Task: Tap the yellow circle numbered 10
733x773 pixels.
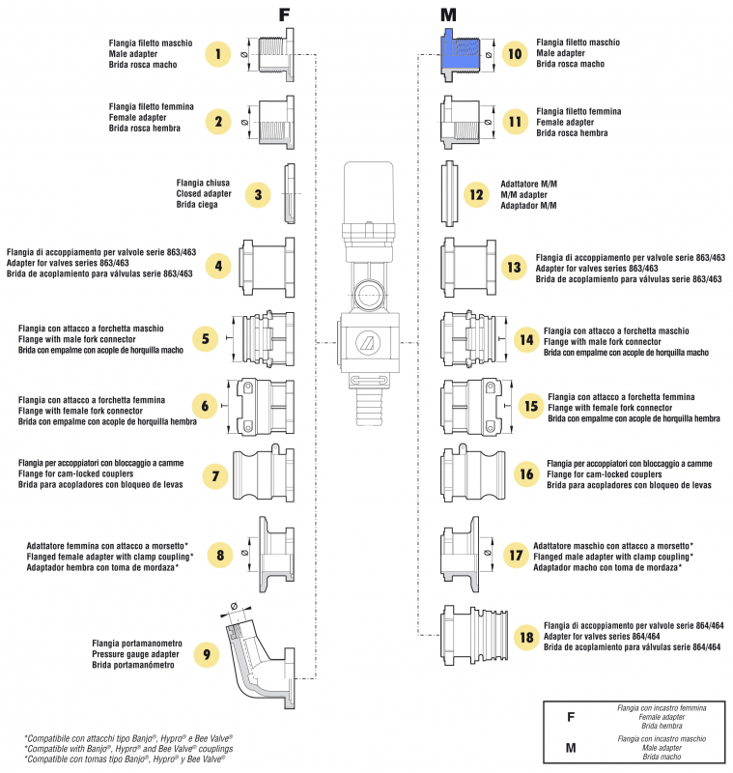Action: tap(515, 54)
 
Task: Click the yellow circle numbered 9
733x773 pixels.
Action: tap(206, 654)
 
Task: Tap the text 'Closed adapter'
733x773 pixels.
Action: tap(202, 193)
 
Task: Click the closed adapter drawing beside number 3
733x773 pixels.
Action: tap(289, 193)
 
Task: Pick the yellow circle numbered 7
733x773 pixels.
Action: tap(215, 475)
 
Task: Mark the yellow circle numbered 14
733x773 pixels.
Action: tap(526, 340)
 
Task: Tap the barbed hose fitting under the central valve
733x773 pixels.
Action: tap(370, 394)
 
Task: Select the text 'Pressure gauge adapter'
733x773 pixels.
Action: tap(133, 654)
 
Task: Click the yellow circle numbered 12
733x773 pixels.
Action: tap(476, 194)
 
